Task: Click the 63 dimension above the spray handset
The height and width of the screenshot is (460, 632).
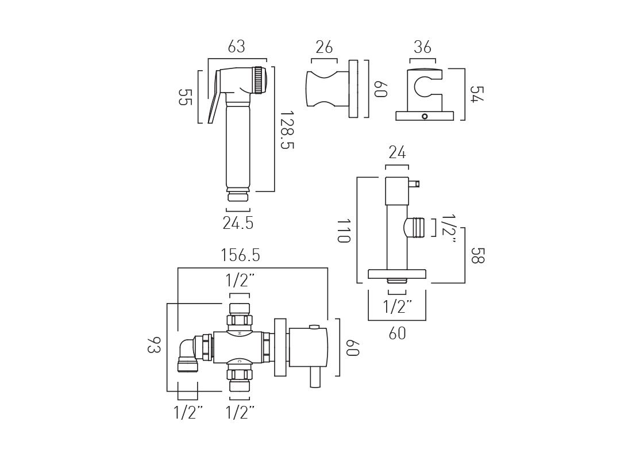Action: pyautogui.click(x=236, y=47)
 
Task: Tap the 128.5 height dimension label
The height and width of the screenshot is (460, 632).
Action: pyautogui.click(x=287, y=131)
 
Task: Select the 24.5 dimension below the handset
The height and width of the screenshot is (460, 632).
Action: pyautogui.click(x=238, y=223)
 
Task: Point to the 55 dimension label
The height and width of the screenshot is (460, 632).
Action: pyautogui.click(x=184, y=97)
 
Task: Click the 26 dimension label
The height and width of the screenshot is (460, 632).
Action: pyautogui.click(x=324, y=47)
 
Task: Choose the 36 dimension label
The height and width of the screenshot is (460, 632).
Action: pyautogui.click(x=422, y=47)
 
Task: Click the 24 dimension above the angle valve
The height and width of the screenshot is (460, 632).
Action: pyautogui.click(x=397, y=153)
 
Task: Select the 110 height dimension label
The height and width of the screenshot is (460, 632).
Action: pyautogui.click(x=343, y=230)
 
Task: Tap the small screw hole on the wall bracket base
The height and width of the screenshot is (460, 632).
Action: pyautogui.click(x=425, y=116)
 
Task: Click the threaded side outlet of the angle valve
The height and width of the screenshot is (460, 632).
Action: pyautogui.click(x=417, y=228)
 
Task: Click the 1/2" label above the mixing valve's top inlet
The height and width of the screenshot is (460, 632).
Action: pyautogui.click(x=240, y=281)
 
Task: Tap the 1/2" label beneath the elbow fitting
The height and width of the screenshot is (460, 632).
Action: pyautogui.click(x=188, y=412)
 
